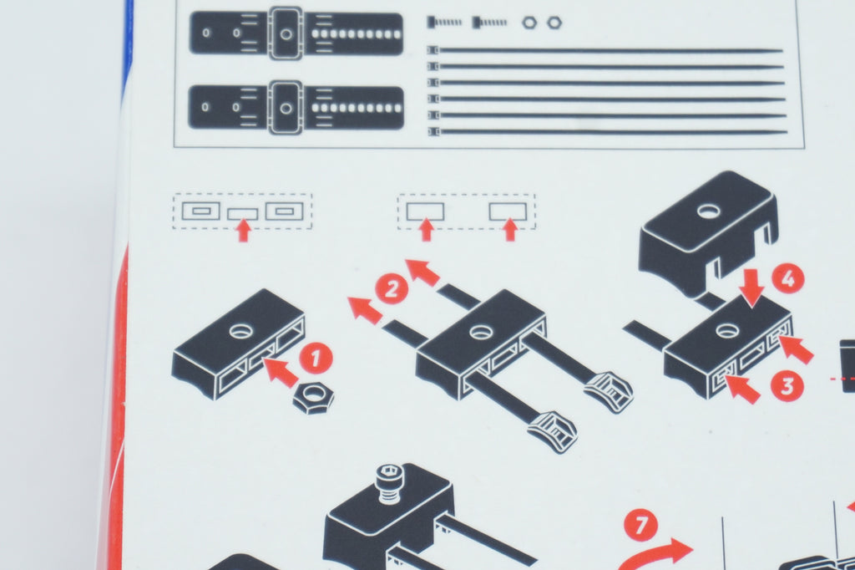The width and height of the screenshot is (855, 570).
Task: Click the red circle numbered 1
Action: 316,359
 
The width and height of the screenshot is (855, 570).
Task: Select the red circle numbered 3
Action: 787,385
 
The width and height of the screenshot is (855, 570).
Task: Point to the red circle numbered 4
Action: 788,279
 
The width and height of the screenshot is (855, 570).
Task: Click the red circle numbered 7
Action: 641,525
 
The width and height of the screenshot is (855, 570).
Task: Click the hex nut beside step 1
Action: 314,398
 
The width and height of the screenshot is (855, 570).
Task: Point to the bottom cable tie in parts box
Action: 608,131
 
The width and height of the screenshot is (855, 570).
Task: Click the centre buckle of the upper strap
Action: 286,33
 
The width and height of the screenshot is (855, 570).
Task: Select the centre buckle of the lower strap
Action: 286,107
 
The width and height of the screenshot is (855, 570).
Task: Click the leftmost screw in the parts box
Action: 445,23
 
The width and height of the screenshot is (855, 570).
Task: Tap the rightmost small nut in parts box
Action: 554,23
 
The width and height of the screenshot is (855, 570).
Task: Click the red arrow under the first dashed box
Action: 243,230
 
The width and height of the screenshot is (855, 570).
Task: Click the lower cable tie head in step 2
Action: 553,432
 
